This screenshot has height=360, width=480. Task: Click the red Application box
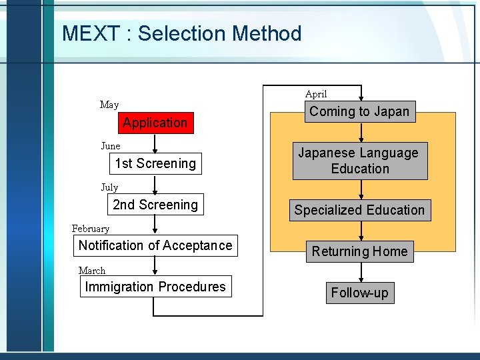[155, 123]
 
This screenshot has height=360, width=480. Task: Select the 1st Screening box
[155, 163]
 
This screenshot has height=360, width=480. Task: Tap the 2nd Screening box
[155, 205]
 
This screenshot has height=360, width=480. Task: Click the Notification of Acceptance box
[155, 245]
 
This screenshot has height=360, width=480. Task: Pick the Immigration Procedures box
[155, 287]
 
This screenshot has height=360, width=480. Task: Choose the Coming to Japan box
[359, 111]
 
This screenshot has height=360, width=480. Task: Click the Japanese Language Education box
[359, 161]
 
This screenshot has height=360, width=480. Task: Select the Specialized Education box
[359, 210]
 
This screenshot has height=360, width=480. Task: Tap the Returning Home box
[359, 251]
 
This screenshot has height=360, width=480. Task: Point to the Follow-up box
[359, 293]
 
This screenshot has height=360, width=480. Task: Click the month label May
[109, 105]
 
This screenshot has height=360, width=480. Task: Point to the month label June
[111, 146]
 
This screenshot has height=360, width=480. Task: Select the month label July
[109, 187]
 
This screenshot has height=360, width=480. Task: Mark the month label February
[91, 229]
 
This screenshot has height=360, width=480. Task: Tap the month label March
[92, 270]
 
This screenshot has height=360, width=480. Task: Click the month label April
[316, 94]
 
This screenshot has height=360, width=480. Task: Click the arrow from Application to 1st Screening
[155, 143]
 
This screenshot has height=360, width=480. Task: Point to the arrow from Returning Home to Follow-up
[361, 272]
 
